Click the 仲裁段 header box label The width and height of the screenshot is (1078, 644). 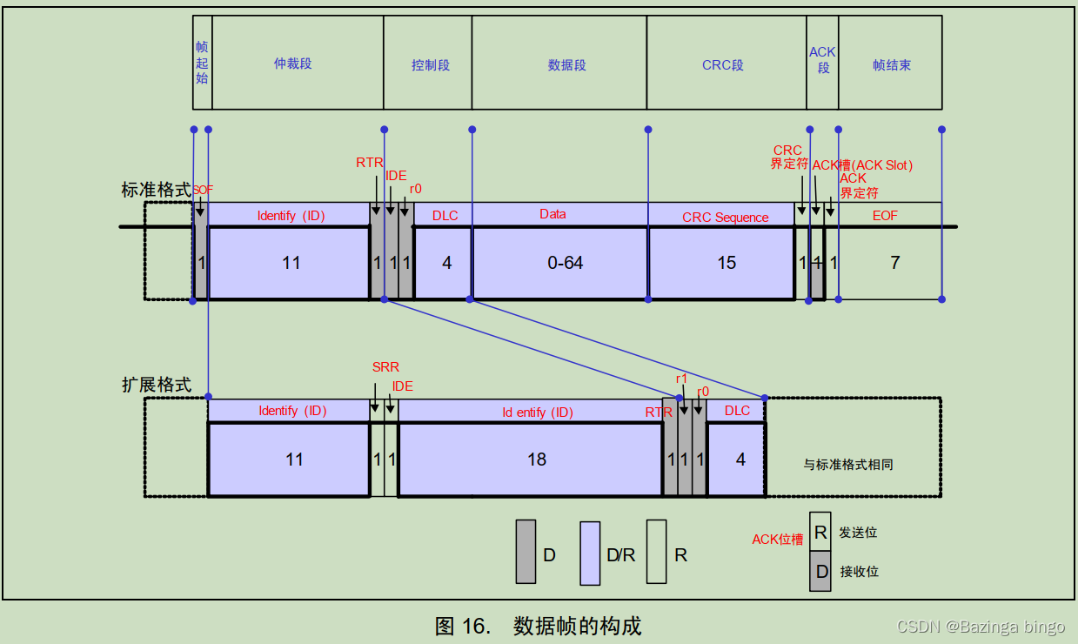coord(292,64)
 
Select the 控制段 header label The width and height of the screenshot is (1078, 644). coord(431,65)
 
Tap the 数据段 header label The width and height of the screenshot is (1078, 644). coord(567,65)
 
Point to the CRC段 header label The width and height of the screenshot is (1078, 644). coord(723,65)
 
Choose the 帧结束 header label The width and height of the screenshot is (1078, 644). coord(892,65)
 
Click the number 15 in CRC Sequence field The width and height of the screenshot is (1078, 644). coord(726,263)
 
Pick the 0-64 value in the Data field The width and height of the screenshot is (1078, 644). coord(566,263)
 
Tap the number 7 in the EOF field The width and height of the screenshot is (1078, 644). coord(895,263)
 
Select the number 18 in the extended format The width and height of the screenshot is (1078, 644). coord(537,460)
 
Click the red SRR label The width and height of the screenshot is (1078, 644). coord(385,367)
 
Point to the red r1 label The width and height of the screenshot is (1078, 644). coord(682,379)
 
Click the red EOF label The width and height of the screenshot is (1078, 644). coord(885,215)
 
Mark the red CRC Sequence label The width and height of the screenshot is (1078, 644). coord(725,218)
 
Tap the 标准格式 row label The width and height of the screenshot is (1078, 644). coord(156,190)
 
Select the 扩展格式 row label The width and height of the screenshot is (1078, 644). coord(156,384)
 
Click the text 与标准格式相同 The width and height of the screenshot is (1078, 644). coord(848,465)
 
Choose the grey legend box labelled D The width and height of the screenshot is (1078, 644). coord(526,552)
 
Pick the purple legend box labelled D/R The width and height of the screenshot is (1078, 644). coord(590,553)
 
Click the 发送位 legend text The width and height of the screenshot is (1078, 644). coord(858,532)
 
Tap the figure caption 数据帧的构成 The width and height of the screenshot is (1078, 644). coord(577,625)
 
